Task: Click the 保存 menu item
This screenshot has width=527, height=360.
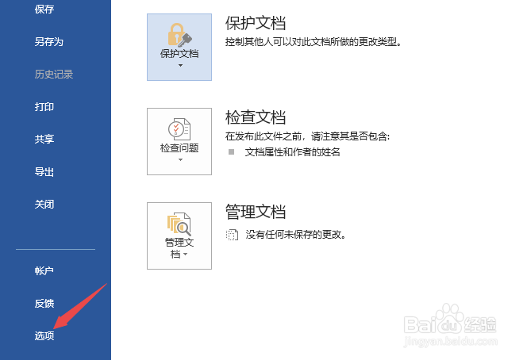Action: point(44,9)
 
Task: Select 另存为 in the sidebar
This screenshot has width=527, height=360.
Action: point(48,42)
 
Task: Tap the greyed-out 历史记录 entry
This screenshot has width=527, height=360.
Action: point(54,75)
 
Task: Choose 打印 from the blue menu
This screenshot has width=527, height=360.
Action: point(44,107)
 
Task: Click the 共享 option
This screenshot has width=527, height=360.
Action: point(44,139)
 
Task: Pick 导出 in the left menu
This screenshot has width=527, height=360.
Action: point(44,172)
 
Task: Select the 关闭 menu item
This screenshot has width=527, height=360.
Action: point(44,204)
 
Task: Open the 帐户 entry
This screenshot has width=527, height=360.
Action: point(44,270)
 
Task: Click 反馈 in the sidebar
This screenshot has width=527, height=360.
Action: point(44,303)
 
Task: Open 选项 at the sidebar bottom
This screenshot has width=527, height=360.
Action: point(44,335)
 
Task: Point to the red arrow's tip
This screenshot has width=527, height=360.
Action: point(54,328)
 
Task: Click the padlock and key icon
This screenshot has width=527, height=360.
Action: point(179,35)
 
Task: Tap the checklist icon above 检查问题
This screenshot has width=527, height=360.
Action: point(179,129)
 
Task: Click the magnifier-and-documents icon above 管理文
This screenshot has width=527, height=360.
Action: point(179,224)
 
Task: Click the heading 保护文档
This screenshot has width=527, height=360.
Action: point(256,23)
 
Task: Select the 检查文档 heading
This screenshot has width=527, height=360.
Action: point(256,117)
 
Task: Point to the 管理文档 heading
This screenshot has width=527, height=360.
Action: point(256,212)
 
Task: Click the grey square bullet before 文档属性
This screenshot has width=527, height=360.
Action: point(231,152)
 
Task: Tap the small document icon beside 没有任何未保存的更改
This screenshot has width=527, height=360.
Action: point(232,235)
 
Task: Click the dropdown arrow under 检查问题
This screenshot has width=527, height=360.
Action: point(180,160)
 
